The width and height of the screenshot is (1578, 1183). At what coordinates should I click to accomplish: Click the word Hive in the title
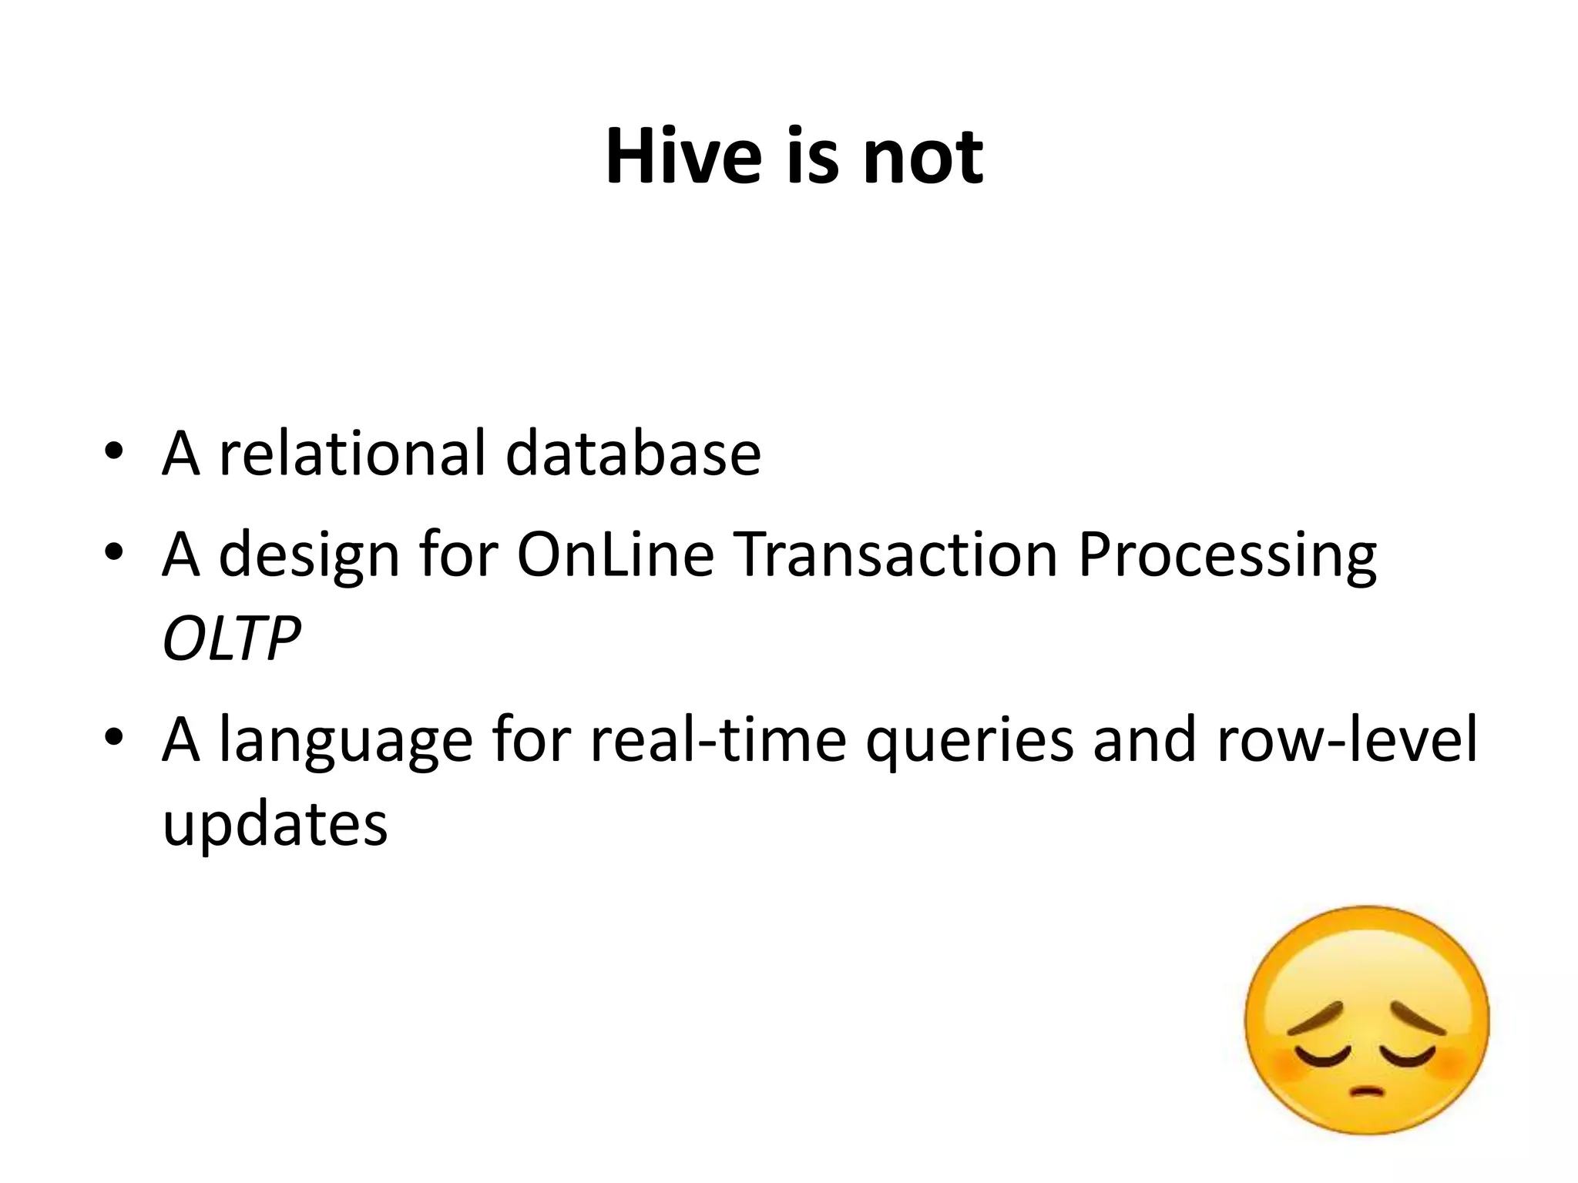click(x=683, y=157)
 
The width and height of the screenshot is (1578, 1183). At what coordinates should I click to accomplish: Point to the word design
click(x=309, y=555)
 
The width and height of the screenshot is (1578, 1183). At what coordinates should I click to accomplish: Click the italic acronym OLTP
click(x=230, y=638)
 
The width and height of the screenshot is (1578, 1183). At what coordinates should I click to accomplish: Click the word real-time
click(x=718, y=739)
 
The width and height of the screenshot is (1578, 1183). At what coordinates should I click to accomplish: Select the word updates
click(x=275, y=825)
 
